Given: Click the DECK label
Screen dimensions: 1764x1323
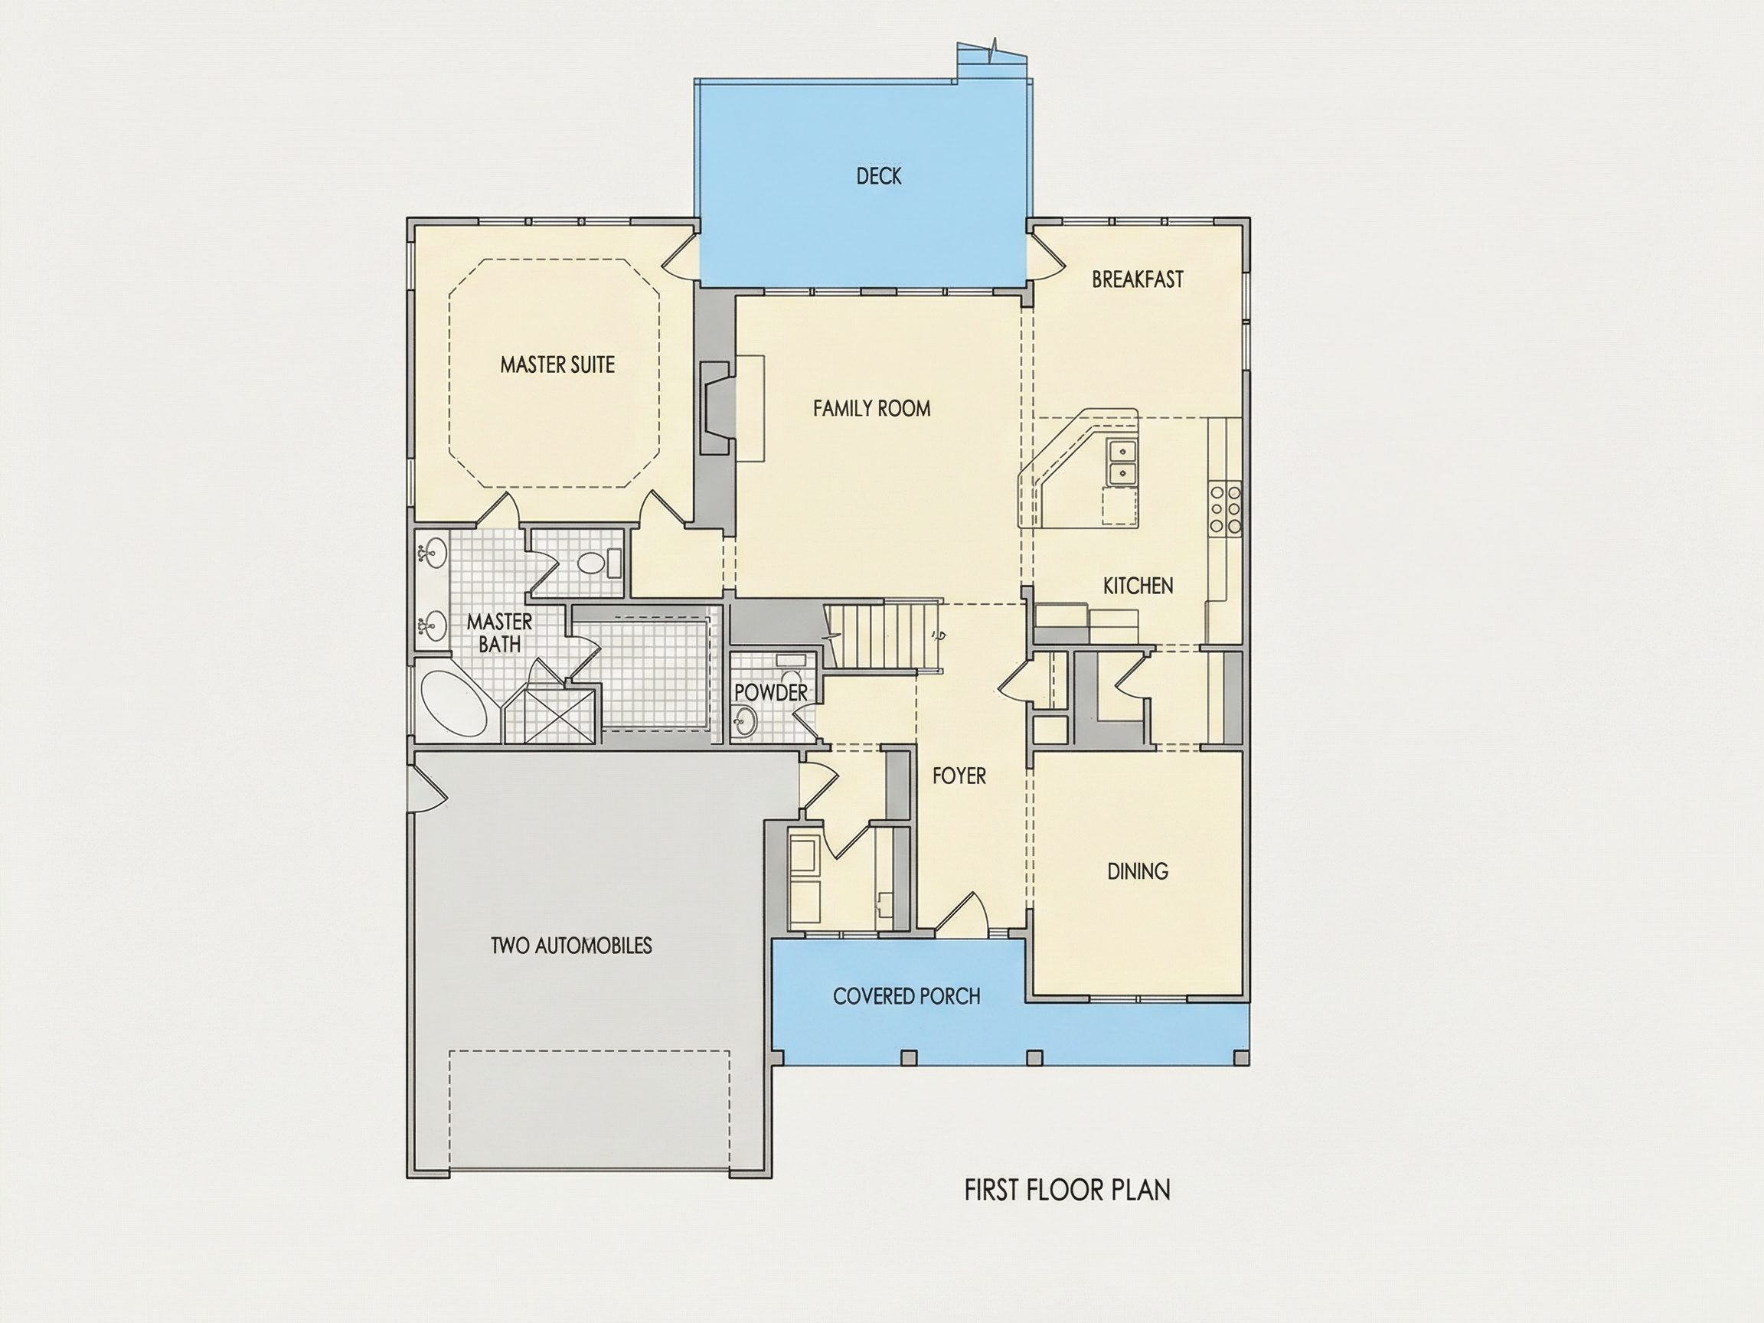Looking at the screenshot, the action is (879, 176).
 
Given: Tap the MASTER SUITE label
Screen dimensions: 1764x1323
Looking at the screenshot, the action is (557, 365).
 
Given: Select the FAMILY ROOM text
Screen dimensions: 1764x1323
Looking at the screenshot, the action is (871, 408).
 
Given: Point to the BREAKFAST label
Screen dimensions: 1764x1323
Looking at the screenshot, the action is (1137, 279).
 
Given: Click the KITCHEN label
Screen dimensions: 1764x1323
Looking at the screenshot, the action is (1138, 586).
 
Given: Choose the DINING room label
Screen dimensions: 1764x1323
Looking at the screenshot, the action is (1138, 871).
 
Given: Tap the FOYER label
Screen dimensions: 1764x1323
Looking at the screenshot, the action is (959, 775).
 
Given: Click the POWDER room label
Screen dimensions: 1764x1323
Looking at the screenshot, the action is (771, 692).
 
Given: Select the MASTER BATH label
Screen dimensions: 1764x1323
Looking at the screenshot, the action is (499, 632).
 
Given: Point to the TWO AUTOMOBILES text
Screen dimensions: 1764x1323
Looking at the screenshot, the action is (571, 946).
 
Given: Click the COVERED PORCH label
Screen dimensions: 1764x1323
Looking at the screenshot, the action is (906, 996).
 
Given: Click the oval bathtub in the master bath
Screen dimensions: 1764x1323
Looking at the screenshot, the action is (452, 704).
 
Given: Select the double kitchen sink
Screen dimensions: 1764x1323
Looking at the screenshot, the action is (1122, 462).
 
